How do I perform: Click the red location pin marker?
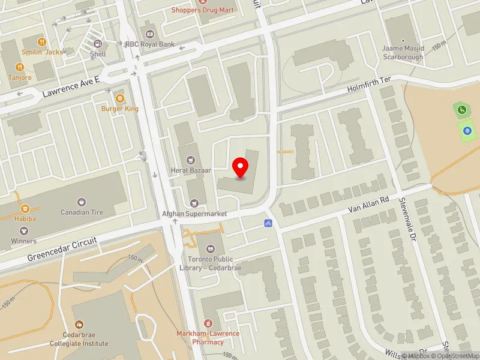[x=241, y=167]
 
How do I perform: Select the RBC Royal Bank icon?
[x=149, y=32]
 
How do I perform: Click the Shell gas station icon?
[x=97, y=44]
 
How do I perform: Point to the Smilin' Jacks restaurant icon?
[x=41, y=42]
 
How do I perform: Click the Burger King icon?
[x=119, y=98]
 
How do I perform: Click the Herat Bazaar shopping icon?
[x=191, y=160]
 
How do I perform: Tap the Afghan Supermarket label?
[x=194, y=214]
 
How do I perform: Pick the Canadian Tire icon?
[x=82, y=202]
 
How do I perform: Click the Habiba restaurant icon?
[x=25, y=208]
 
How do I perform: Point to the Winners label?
[x=23, y=241]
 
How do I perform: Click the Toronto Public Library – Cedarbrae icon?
[x=211, y=248]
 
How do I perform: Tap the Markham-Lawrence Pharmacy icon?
[x=208, y=323]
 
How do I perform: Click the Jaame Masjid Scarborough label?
[x=403, y=53]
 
